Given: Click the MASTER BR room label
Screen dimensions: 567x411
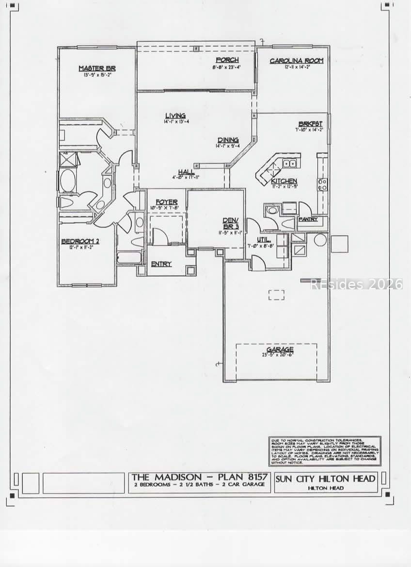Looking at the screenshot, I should tap(97, 68).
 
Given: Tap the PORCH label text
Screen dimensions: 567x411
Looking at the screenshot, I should tap(227, 60).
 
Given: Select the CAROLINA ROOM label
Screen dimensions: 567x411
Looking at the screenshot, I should tap(296, 61).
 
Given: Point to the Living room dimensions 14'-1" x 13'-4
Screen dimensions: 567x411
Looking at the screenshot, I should tap(175, 122).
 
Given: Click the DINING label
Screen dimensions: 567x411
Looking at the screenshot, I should tap(227, 139).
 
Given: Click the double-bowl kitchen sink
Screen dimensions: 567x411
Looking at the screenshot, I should tap(290, 164).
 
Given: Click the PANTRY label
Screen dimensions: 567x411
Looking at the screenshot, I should tap(308, 219).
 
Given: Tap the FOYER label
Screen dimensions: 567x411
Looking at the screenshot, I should tap(166, 202).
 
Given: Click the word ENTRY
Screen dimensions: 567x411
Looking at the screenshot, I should tap(161, 264).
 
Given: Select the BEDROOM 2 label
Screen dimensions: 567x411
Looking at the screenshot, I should tap(80, 241).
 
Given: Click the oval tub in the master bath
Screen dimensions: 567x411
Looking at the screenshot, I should tap(67, 180).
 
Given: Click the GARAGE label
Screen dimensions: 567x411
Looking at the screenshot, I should tap(280, 350).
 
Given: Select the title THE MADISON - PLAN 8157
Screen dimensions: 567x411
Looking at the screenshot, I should tap(199, 478).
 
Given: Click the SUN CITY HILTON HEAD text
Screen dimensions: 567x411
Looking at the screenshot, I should tap(325, 479).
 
